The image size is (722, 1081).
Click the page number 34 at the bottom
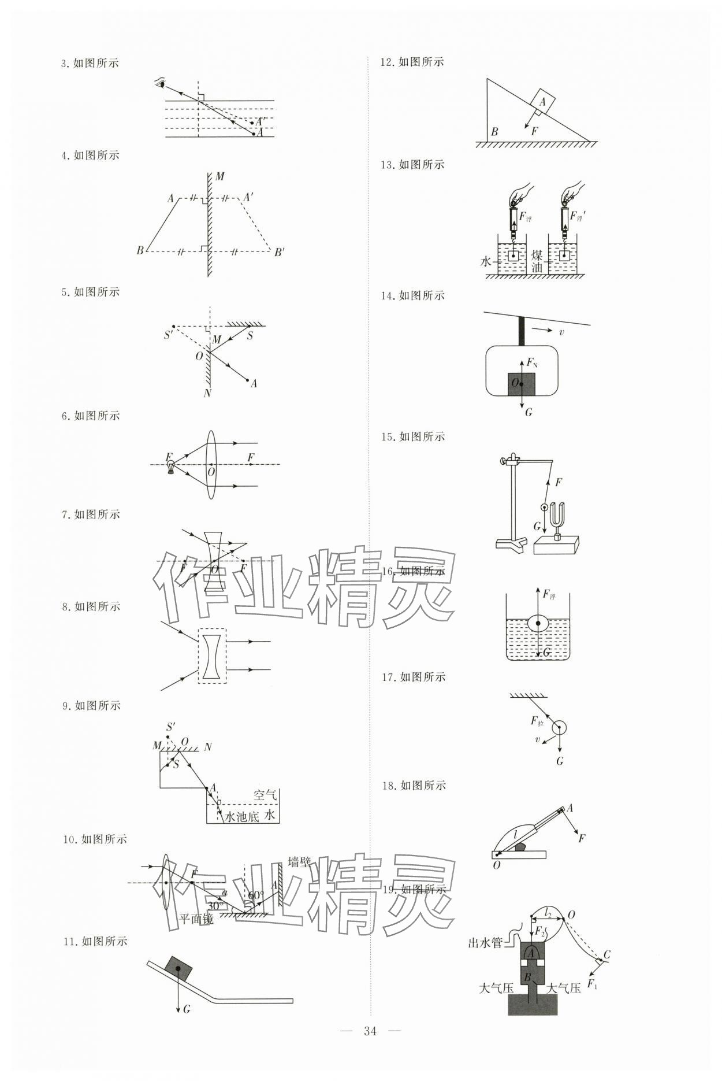pyautogui.click(x=370, y=1031)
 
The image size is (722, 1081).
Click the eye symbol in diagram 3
pyautogui.click(x=161, y=83)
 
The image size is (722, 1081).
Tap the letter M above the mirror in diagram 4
pyautogui.click(x=219, y=176)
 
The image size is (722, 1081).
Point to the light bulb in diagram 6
pyautogui.click(x=170, y=466)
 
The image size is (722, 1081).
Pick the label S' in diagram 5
pyautogui.click(x=169, y=335)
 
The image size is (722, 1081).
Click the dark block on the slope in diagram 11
pyautogui.click(x=178, y=968)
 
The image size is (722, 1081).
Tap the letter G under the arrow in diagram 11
pyautogui.click(x=186, y=1009)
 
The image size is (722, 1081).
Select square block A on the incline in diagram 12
pyautogui.click(x=542, y=102)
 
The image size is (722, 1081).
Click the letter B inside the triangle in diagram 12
pyautogui.click(x=494, y=132)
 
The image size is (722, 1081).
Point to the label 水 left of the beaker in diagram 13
pyautogui.click(x=485, y=261)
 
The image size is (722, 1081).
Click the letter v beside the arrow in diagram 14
pyautogui.click(x=561, y=332)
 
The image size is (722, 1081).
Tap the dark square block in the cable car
pyautogui.click(x=521, y=384)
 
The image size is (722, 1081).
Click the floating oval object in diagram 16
pyautogui.click(x=538, y=623)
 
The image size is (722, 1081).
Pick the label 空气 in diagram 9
pyautogui.click(x=265, y=795)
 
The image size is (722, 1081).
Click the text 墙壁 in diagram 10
pyautogui.click(x=299, y=862)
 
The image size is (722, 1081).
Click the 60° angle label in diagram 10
pyautogui.click(x=256, y=895)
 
